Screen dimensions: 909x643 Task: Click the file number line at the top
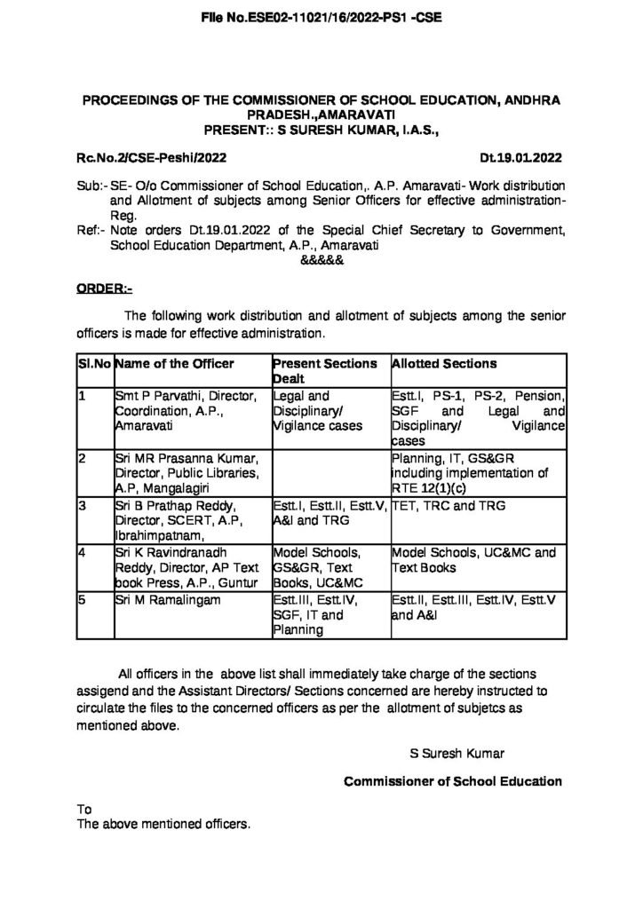(x=321, y=17)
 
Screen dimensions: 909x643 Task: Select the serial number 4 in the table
(x=82, y=551)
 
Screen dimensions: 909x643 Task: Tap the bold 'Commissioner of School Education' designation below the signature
(x=452, y=781)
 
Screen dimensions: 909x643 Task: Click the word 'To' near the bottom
(x=84, y=810)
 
